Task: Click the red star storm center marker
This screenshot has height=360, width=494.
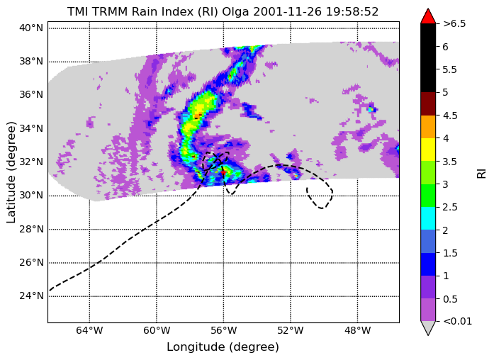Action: (224, 173)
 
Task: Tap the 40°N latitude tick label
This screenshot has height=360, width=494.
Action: (31, 28)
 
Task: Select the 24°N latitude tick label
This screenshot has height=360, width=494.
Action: (31, 296)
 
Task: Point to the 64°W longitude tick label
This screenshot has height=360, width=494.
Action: (89, 330)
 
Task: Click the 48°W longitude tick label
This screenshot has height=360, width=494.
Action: (358, 330)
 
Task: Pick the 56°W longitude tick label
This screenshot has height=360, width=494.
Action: (224, 330)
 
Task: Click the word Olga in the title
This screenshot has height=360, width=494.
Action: (236, 11)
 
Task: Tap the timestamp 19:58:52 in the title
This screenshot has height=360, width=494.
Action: (352, 11)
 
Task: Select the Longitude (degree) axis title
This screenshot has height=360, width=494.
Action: (223, 347)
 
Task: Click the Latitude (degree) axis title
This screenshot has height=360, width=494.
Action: (11, 172)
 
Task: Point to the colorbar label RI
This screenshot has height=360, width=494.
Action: (482, 174)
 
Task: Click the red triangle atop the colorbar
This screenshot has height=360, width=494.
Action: (428, 16)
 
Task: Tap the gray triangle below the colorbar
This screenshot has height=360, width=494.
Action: (428, 327)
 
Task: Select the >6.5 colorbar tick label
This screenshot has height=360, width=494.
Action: (454, 23)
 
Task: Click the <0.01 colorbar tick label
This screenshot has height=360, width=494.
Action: (457, 321)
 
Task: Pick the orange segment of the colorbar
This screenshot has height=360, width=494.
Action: (428, 127)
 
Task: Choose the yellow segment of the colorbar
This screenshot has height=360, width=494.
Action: (428, 150)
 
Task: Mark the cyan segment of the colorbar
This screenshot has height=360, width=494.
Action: (428, 218)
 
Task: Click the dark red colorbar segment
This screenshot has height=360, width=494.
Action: (428, 103)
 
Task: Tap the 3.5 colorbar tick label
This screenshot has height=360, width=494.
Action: (450, 162)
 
